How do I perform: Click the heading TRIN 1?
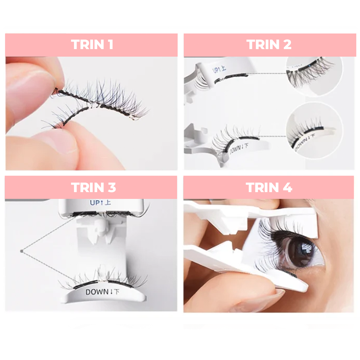(x=92, y=45)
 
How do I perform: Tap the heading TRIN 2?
(x=269, y=45)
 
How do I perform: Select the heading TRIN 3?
(x=93, y=188)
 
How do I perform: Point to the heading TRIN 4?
(x=269, y=188)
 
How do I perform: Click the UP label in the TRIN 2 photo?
(x=216, y=70)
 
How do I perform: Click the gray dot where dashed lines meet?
(x=22, y=251)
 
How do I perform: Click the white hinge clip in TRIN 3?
(x=98, y=229)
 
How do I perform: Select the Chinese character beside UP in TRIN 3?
(x=107, y=202)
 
